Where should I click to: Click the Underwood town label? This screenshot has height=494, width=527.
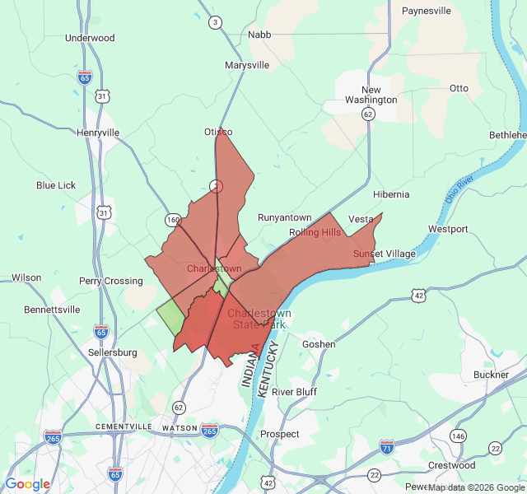[90, 38]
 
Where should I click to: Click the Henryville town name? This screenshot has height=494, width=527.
[98, 133]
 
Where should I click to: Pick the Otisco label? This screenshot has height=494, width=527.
[218, 132]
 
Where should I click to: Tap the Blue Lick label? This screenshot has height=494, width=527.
[56, 185]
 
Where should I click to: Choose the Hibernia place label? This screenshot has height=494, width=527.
[391, 194]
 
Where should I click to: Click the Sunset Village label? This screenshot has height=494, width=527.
[385, 254]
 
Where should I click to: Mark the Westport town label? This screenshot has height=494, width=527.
[448, 229]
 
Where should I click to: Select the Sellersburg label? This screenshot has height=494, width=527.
[113, 352]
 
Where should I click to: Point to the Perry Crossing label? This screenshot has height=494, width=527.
[111, 281]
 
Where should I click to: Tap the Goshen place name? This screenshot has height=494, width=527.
[319, 344]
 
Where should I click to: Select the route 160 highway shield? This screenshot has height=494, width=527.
[173, 220]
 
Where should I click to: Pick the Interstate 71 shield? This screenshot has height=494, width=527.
[387, 446]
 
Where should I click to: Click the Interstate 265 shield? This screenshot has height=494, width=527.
[209, 429]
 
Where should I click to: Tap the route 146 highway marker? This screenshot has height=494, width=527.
[458, 435]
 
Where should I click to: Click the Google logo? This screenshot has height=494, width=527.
[28, 484]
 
